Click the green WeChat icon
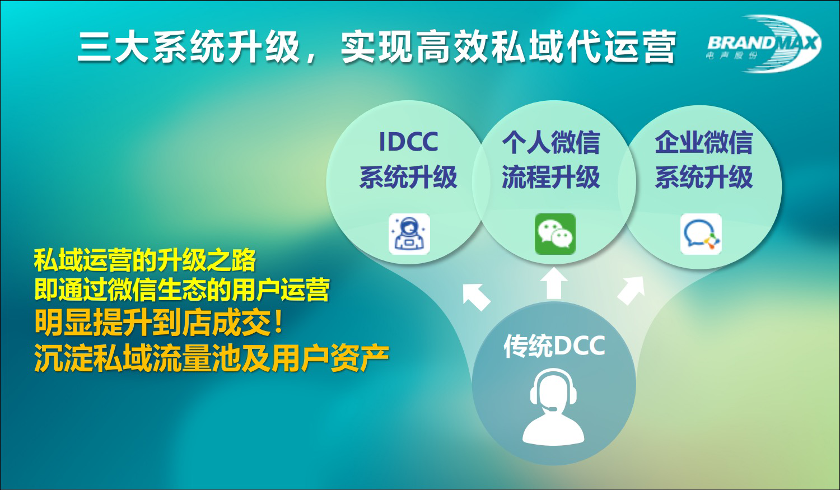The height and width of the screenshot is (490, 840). click(x=555, y=234)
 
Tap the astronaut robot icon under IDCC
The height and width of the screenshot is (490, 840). click(x=409, y=234)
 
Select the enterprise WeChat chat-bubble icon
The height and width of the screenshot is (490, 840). click(x=701, y=234)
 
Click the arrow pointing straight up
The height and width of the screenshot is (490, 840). click(x=554, y=283)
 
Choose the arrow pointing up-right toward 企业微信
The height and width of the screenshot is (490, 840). click(x=631, y=291)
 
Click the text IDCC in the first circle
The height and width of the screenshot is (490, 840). click(x=408, y=142)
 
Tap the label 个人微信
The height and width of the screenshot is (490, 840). click(x=551, y=142)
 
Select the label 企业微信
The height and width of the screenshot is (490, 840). click(x=703, y=142)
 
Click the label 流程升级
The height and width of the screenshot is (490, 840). click(x=551, y=177)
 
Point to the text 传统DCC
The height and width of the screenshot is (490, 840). click(x=554, y=346)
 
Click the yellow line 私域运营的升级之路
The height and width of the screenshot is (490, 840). click(x=145, y=260)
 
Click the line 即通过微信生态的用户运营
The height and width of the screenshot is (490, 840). click(x=182, y=290)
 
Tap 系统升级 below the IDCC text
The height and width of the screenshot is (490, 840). click(x=408, y=177)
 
